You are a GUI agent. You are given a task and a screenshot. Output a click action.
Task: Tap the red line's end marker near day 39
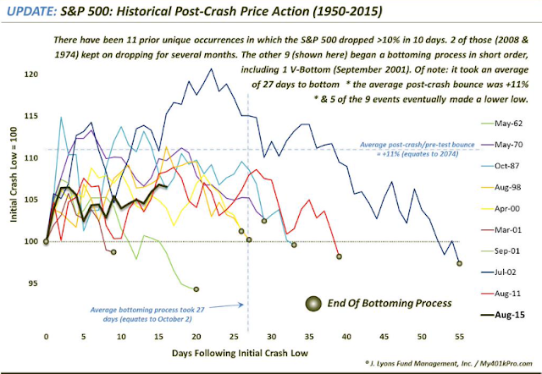coord(338,256)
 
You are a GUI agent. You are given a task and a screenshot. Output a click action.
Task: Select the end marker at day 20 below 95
coord(196,289)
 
